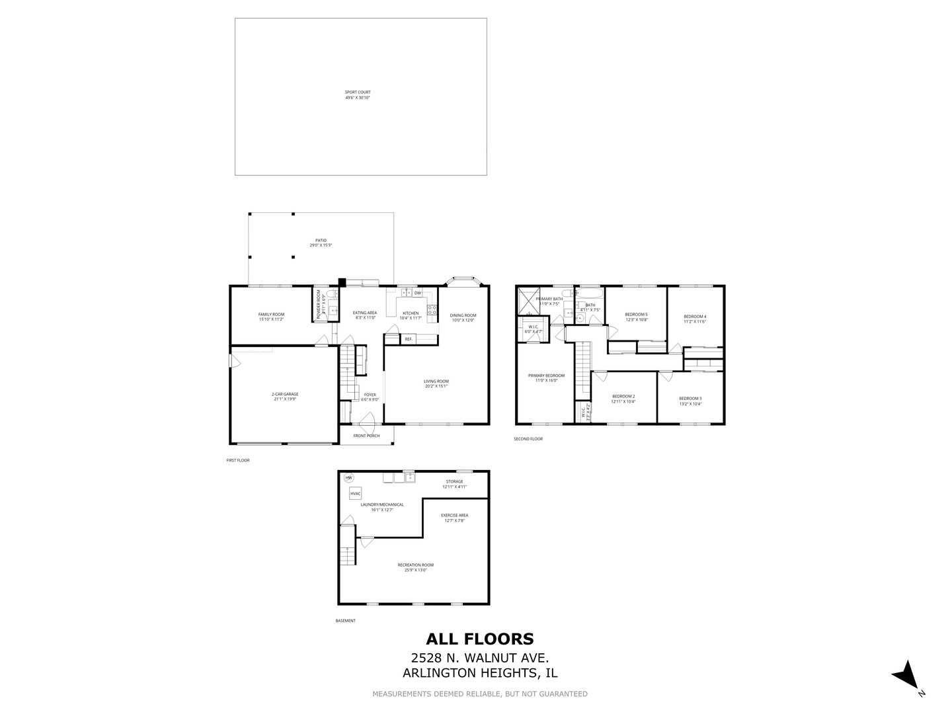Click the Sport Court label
pyautogui.click(x=358, y=95)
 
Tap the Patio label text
pyautogui.click(x=321, y=243)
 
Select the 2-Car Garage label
pyautogui.click(x=286, y=396)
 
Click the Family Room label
pyautogui.click(x=271, y=317)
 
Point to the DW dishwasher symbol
pyautogui.click(x=418, y=293)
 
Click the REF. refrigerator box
pyautogui.click(x=409, y=339)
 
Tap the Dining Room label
pyautogui.click(x=463, y=318)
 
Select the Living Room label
pyautogui.click(x=436, y=383)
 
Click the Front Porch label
pyautogui.click(x=366, y=436)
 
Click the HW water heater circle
pyautogui.click(x=348, y=478)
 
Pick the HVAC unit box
pyautogui.click(x=356, y=493)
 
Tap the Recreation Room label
pyautogui.click(x=415, y=567)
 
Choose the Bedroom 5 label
pyautogui.click(x=637, y=317)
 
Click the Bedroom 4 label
pyautogui.click(x=695, y=319)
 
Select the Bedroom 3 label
pyautogui.click(x=690, y=401)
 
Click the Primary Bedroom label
pyautogui.click(x=546, y=377)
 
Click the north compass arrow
pyautogui.click(x=905, y=674)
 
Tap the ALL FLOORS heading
pyautogui.click(x=479, y=639)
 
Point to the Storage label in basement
pyautogui.click(x=454, y=484)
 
